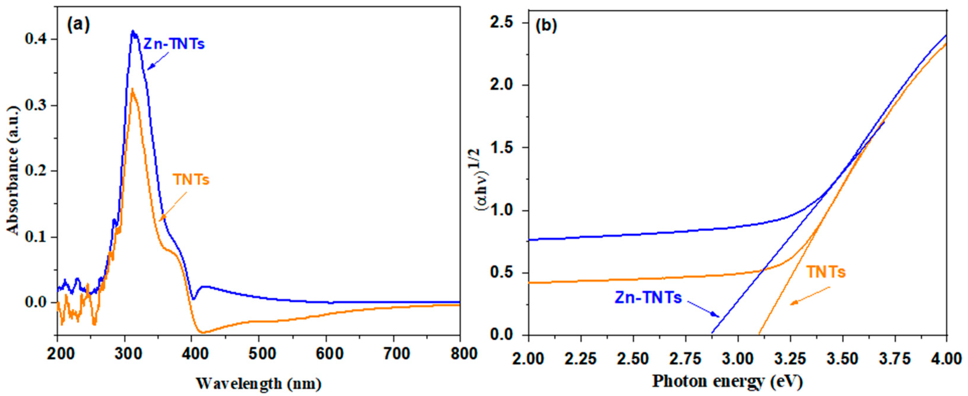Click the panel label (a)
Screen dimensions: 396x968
click(78, 25)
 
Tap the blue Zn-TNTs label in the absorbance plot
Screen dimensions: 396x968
click(174, 44)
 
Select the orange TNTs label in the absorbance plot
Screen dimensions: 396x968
click(191, 180)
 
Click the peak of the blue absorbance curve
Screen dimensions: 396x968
click(133, 32)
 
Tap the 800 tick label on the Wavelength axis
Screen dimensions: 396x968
click(459, 354)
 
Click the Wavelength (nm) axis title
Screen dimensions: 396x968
click(259, 383)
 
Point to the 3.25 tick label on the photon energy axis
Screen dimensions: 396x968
click(790, 359)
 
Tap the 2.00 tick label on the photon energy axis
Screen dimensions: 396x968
click(529, 359)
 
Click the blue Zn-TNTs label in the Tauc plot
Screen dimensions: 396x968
click(648, 298)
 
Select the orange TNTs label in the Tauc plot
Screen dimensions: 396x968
click(826, 272)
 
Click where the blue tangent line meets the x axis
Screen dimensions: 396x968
click(711, 334)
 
